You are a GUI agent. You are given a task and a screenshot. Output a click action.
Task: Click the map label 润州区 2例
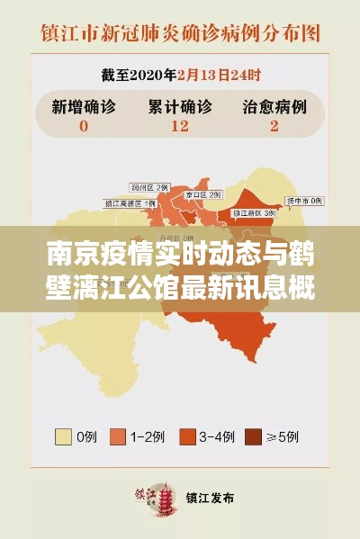click(x=149, y=186)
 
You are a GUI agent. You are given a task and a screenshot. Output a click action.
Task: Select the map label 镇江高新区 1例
click(x=130, y=203)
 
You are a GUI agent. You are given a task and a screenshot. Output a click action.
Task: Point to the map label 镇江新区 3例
click(x=253, y=212)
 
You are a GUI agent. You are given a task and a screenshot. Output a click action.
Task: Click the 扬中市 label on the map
click(x=304, y=200)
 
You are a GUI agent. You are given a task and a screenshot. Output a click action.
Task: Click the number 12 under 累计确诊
click(x=179, y=126)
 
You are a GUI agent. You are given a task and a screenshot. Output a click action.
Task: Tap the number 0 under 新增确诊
click(x=84, y=126)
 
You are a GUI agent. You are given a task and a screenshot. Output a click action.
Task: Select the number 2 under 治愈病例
click(x=273, y=126)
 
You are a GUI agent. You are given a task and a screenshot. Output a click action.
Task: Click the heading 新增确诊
click(x=84, y=105)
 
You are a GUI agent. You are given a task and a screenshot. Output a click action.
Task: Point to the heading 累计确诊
click(x=179, y=105)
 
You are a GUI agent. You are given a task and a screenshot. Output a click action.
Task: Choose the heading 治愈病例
click(x=274, y=105)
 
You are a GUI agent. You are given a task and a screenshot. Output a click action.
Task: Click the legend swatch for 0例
click(x=64, y=437)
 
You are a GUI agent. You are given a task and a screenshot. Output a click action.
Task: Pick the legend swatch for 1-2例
click(x=118, y=437)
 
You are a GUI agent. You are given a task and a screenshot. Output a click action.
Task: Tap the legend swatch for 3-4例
click(x=187, y=437)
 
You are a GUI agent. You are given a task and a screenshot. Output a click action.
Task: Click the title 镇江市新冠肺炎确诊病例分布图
click(x=180, y=34)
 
